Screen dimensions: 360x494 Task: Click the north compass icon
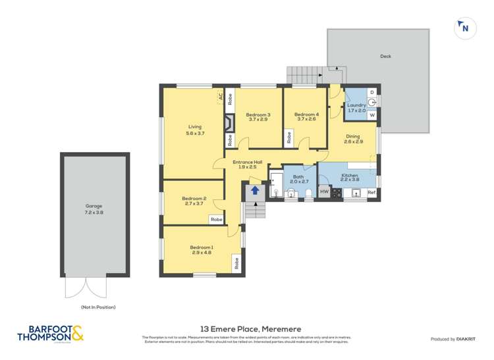coord(465,28)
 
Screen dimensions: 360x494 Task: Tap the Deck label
coord(385,57)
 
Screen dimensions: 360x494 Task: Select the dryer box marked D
coord(372,92)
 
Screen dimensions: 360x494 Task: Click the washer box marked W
coord(372,115)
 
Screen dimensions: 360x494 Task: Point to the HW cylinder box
coord(324,192)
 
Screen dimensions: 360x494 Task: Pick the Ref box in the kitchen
coord(371,193)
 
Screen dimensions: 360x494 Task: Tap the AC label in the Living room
coord(219,96)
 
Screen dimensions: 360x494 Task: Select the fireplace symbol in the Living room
coord(229,123)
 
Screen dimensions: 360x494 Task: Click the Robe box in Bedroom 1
coord(236,263)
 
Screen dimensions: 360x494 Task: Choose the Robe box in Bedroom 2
coord(216,219)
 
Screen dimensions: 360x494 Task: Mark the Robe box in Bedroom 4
coord(288,138)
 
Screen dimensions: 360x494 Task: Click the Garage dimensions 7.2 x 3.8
coord(94,213)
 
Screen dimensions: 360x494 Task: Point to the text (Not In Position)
coord(97,307)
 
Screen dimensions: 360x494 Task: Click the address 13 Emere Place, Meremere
coord(246,328)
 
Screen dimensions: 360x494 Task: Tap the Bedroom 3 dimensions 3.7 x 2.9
coord(259,120)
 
